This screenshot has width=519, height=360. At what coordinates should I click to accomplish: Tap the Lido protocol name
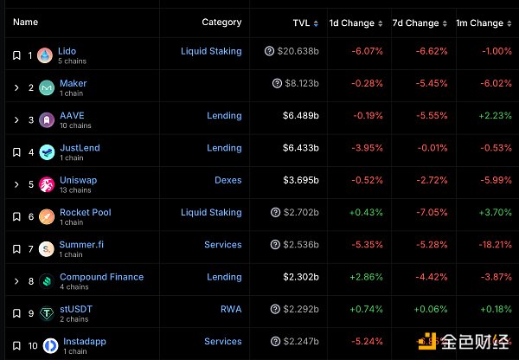pos(67,51)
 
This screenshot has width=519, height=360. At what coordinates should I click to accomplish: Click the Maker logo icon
pos(47,87)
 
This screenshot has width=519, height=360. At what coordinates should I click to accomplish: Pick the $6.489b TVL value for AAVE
pos(299,116)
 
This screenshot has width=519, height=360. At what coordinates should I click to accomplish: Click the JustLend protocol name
pos(80,148)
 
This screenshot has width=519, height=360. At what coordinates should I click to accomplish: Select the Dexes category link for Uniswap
pos(228,180)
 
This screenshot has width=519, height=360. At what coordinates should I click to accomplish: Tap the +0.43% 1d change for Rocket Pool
pos(366,212)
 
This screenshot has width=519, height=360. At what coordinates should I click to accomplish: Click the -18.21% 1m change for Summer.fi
pos(497,245)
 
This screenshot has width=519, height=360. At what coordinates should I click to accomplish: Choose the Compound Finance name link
pos(101,277)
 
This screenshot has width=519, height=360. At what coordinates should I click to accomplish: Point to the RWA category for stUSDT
pos(231,309)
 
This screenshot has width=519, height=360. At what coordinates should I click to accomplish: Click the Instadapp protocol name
pos(86,341)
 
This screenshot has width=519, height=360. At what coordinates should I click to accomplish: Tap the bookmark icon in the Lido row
pos(16,55)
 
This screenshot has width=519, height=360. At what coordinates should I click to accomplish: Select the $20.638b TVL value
pos(298,52)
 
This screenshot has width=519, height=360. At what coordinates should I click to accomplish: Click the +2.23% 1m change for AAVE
pos(497,116)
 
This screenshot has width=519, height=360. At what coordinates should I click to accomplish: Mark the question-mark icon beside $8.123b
pos(277,84)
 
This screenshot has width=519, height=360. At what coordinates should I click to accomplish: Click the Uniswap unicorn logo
pos(47,184)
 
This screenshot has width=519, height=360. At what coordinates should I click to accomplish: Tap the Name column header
pos(26,22)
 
